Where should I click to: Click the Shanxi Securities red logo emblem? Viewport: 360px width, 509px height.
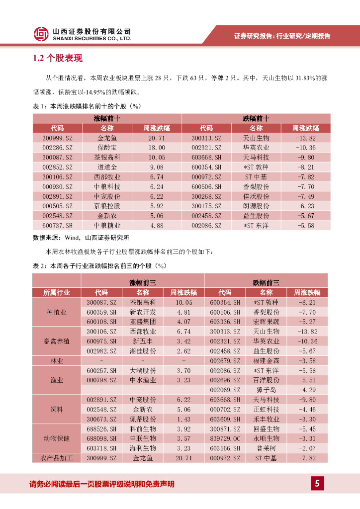(x=41, y=34)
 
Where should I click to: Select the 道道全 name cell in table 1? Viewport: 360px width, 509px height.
(x=107, y=168)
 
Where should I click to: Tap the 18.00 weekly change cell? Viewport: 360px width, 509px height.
(x=156, y=148)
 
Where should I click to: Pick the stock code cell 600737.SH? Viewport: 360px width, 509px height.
(x=57, y=226)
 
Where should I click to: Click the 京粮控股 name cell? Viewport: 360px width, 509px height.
(x=107, y=206)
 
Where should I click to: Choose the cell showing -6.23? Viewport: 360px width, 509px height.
(x=305, y=206)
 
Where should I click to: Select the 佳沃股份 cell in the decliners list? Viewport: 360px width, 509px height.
(x=256, y=196)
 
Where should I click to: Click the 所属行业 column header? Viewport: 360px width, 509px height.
(x=57, y=292)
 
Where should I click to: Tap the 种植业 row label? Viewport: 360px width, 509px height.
(x=57, y=312)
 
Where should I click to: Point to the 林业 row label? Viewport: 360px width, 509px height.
(x=57, y=360)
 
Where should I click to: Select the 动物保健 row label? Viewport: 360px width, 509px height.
(x=57, y=438)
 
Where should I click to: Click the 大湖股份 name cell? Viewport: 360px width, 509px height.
(x=143, y=370)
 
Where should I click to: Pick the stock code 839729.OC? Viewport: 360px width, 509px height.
(x=225, y=438)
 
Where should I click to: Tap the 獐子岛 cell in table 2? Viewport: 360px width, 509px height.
(x=266, y=390)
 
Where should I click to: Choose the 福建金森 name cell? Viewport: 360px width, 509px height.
(x=266, y=360)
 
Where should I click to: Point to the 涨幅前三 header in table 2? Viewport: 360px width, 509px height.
(x=143, y=282)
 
